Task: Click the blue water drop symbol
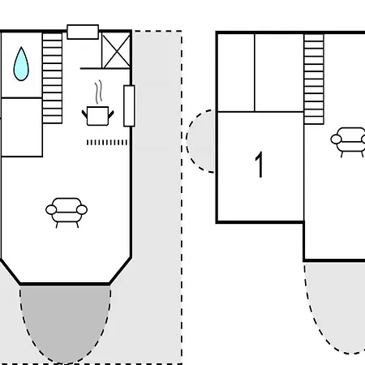pos(21,65)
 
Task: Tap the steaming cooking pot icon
pos(98,116)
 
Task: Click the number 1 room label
pos(260,165)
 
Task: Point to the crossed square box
pos(116,50)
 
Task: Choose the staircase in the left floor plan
pos(52,78)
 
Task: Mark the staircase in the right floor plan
pos(314,79)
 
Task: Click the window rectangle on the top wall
pos(83,32)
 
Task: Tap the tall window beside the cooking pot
pos(129,105)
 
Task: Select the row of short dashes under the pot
pos(107,142)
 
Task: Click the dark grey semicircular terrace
pos(65,322)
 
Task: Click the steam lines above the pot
pos(99,92)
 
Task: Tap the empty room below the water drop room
pos(22,127)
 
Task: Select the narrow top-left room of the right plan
pos(236,72)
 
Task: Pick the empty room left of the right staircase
pos(279,72)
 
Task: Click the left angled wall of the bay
pos(11,272)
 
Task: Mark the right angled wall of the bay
pos(121,271)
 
